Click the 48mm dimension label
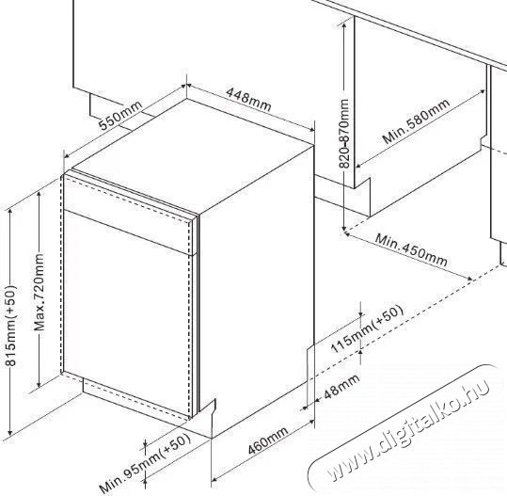[x=341, y=385]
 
